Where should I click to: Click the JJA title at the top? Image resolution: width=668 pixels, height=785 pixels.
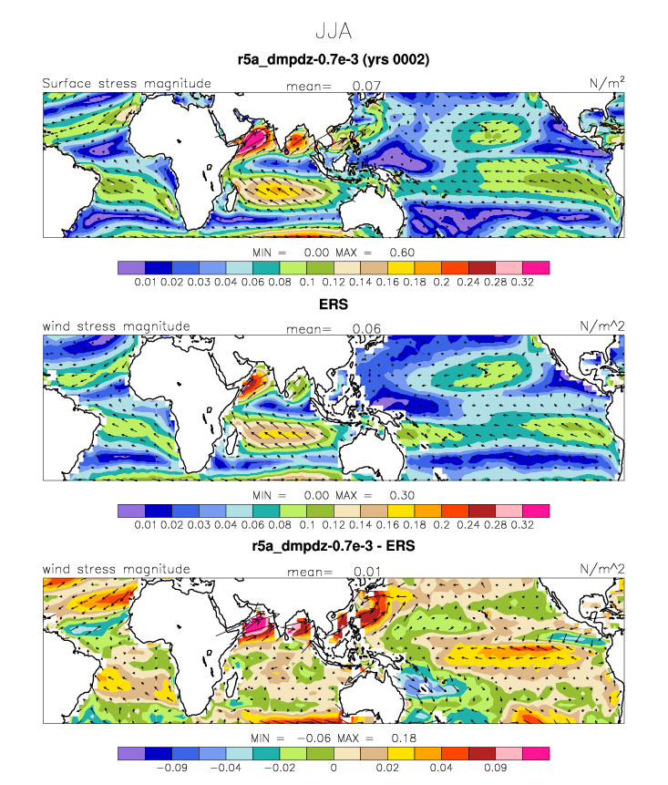334,31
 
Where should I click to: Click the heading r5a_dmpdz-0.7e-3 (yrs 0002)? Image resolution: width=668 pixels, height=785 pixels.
334,59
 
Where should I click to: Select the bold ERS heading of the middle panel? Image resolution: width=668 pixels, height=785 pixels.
334,304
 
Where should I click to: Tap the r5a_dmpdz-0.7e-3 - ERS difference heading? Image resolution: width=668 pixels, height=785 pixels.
334,546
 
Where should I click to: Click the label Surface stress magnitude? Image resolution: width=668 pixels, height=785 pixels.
127,83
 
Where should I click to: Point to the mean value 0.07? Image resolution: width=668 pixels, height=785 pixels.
366,86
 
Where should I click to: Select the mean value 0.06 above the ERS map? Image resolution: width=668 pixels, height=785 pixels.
366,329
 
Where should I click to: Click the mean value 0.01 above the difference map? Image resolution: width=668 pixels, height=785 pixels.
367,572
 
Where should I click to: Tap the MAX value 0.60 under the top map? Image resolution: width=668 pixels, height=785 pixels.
402,253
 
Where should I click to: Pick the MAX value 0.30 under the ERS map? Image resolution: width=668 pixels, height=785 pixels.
402,495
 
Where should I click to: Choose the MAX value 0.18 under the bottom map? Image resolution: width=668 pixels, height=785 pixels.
404,738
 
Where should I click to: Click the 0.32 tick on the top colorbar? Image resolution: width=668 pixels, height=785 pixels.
522,282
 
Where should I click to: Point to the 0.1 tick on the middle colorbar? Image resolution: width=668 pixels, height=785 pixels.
307,524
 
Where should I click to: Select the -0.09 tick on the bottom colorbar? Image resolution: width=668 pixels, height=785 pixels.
172,768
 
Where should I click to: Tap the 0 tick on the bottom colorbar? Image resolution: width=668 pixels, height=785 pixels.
334,768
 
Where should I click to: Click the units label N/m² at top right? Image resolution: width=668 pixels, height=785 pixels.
607,83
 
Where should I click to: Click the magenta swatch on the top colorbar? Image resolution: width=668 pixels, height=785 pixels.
536,268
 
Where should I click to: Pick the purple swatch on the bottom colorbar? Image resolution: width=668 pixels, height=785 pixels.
131,753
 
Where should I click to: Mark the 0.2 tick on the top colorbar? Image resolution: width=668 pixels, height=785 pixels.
441,282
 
